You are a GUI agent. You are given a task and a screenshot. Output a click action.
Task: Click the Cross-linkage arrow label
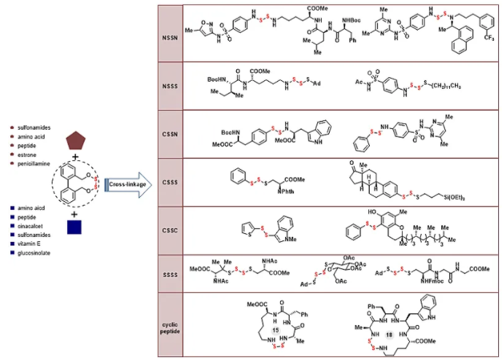tap(127, 186)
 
